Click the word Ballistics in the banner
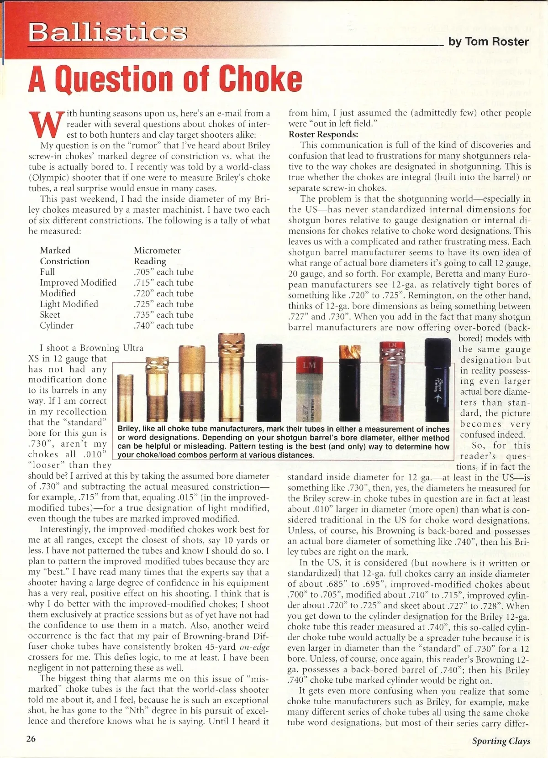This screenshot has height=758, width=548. point(108,32)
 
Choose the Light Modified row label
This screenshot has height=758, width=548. point(69,304)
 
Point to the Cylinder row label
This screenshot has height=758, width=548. point(57,325)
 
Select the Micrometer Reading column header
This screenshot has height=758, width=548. point(157,256)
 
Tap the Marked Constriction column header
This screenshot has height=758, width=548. point(65,256)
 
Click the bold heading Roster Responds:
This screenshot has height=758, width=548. point(323,135)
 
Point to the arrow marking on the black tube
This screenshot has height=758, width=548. point(437,397)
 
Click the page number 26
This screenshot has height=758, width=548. point(32,739)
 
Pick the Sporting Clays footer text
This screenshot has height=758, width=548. point(501,741)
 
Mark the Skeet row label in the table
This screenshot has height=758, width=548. point(50,314)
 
